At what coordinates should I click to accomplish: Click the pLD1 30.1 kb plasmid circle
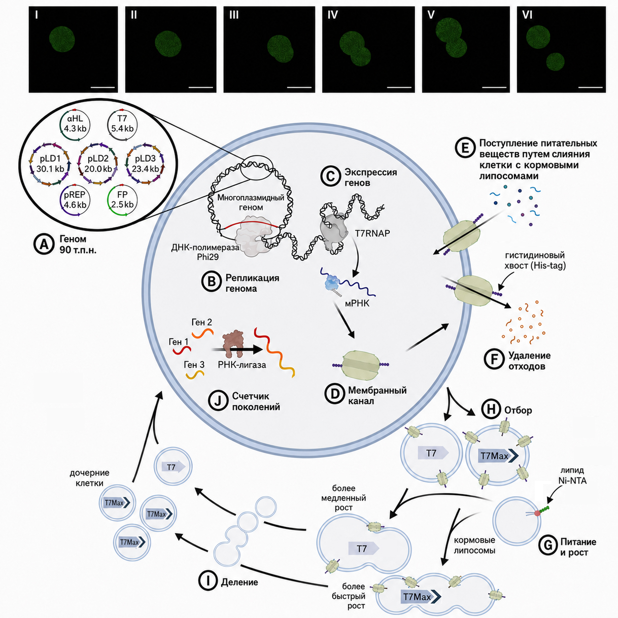[x=30, y=164]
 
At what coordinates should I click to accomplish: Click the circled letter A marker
[x=44, y=244]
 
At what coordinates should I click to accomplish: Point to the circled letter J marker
[x=218, y=401]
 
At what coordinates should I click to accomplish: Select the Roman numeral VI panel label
[x=527, y=15]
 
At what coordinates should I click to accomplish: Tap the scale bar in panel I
[x=103, y=87]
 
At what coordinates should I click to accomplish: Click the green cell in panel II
[x=168, y=44]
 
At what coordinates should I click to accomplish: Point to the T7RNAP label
[x=373, y=233]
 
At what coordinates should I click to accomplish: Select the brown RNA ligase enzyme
[x=233, y=343]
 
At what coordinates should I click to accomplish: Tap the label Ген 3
[x=194, y=365]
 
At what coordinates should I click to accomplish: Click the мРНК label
[x=357, y=303]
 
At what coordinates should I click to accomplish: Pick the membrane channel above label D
[x=361, y=365]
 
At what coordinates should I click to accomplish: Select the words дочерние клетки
[x=90, y=478]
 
